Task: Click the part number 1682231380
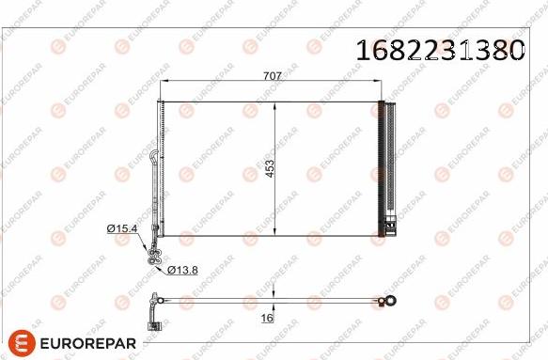[438, 50]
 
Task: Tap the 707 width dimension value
[272, 78]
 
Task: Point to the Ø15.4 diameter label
[123, 228]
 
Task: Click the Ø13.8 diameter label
[183, 270]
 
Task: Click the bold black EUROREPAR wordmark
[89, 341]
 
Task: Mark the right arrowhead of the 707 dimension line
[382, 85]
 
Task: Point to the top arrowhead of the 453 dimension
[274, 103]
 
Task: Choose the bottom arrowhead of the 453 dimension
[274, 233]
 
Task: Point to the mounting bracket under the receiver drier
[387, 227]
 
